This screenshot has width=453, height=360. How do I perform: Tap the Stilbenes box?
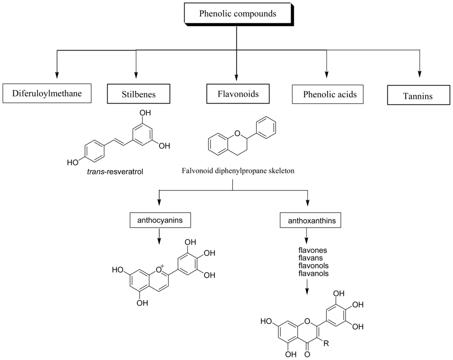coord(138,94)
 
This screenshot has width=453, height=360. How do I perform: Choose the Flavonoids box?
coord(238,94)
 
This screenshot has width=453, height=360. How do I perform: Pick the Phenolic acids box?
coord(330,94)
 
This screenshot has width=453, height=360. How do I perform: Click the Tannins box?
coord(418,95)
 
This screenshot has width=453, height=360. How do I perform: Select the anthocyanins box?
coord(159,220)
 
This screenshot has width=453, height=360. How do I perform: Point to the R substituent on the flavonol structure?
coord(326,342)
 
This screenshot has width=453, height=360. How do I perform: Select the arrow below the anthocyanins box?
coord(159,237)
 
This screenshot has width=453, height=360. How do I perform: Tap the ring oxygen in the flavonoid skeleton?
coord(237,132)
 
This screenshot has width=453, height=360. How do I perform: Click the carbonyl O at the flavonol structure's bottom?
coord(307,354)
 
